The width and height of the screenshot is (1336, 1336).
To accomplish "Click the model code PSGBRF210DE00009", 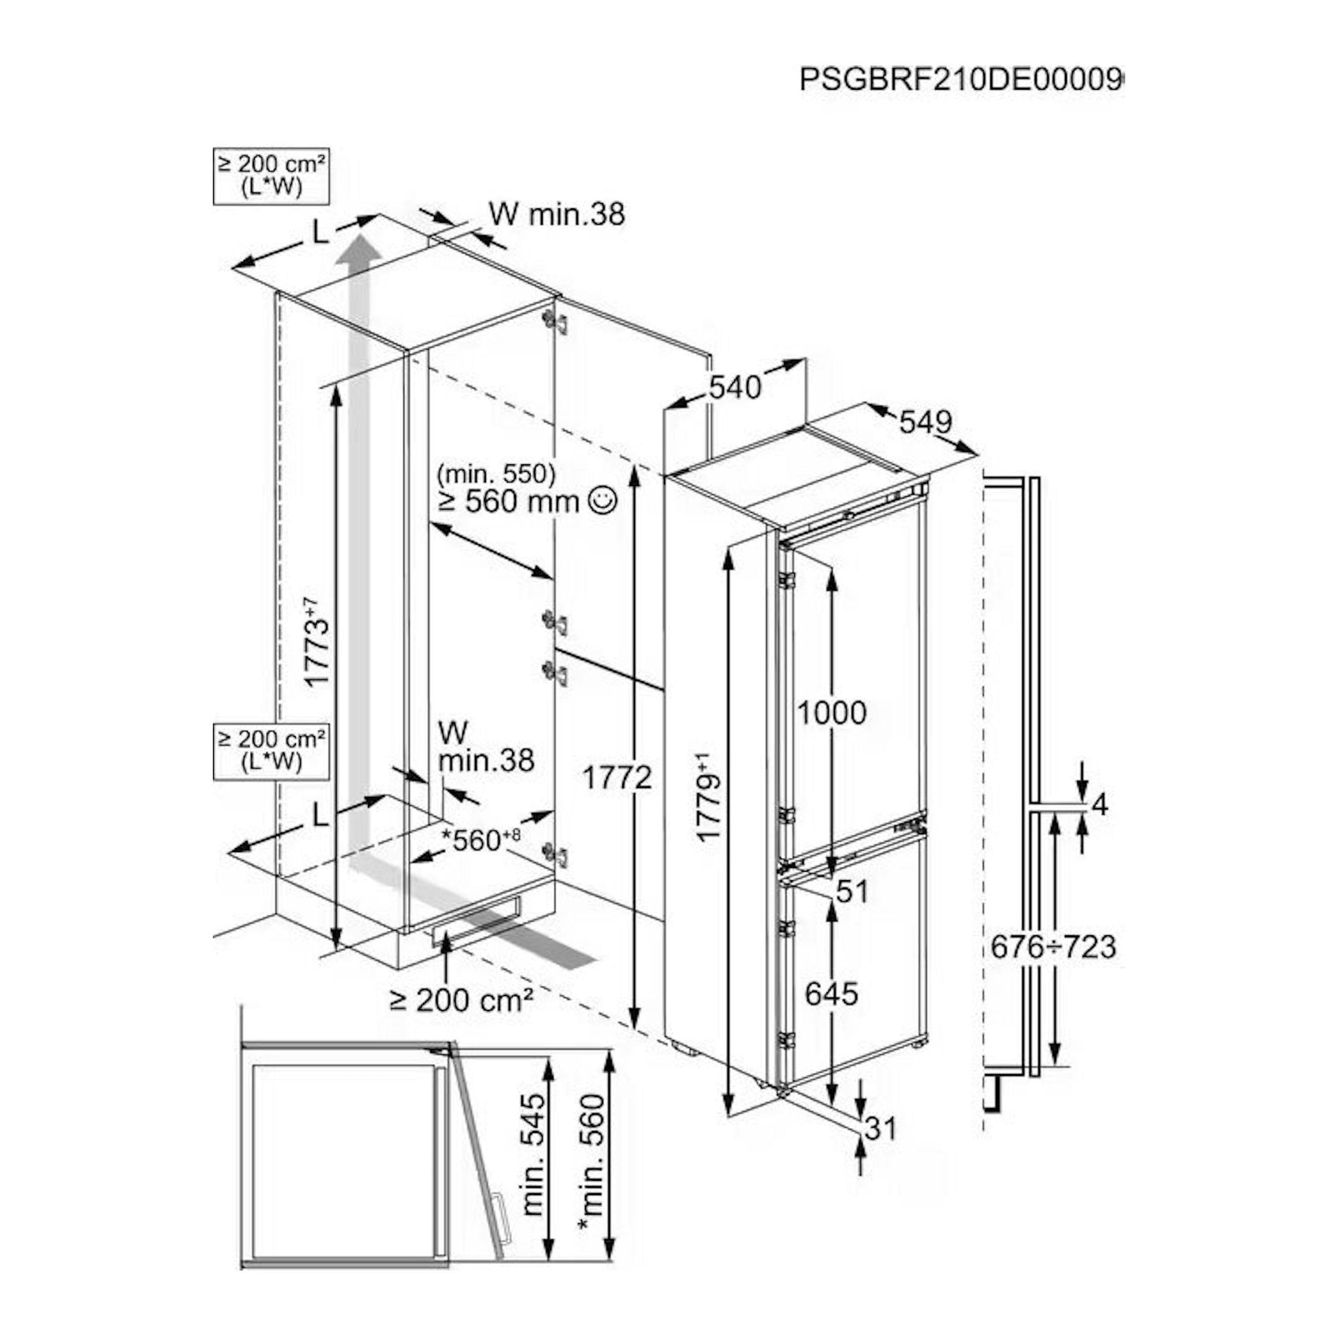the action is [x=961, y=80].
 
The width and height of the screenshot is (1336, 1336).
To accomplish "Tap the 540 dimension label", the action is [x=735, y=387].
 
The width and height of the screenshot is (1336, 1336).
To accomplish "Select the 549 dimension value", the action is [x=926, y=421].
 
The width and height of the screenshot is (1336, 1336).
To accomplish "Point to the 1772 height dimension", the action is [x=617, y=778].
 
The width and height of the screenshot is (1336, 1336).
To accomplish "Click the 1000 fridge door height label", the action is [x=832, y=712].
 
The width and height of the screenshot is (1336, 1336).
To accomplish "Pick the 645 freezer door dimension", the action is [x=832, y=993].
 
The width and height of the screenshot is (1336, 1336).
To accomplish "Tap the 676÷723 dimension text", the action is [x=1053, y=947].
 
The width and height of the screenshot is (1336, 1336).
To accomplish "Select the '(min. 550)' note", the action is [x=496, y=474].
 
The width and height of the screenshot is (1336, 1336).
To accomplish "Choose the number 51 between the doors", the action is [x=851, y=891].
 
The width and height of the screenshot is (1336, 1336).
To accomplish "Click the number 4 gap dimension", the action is [x=1101, y=805].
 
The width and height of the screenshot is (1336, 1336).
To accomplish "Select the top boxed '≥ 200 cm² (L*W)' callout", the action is [x=270, y=176].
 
